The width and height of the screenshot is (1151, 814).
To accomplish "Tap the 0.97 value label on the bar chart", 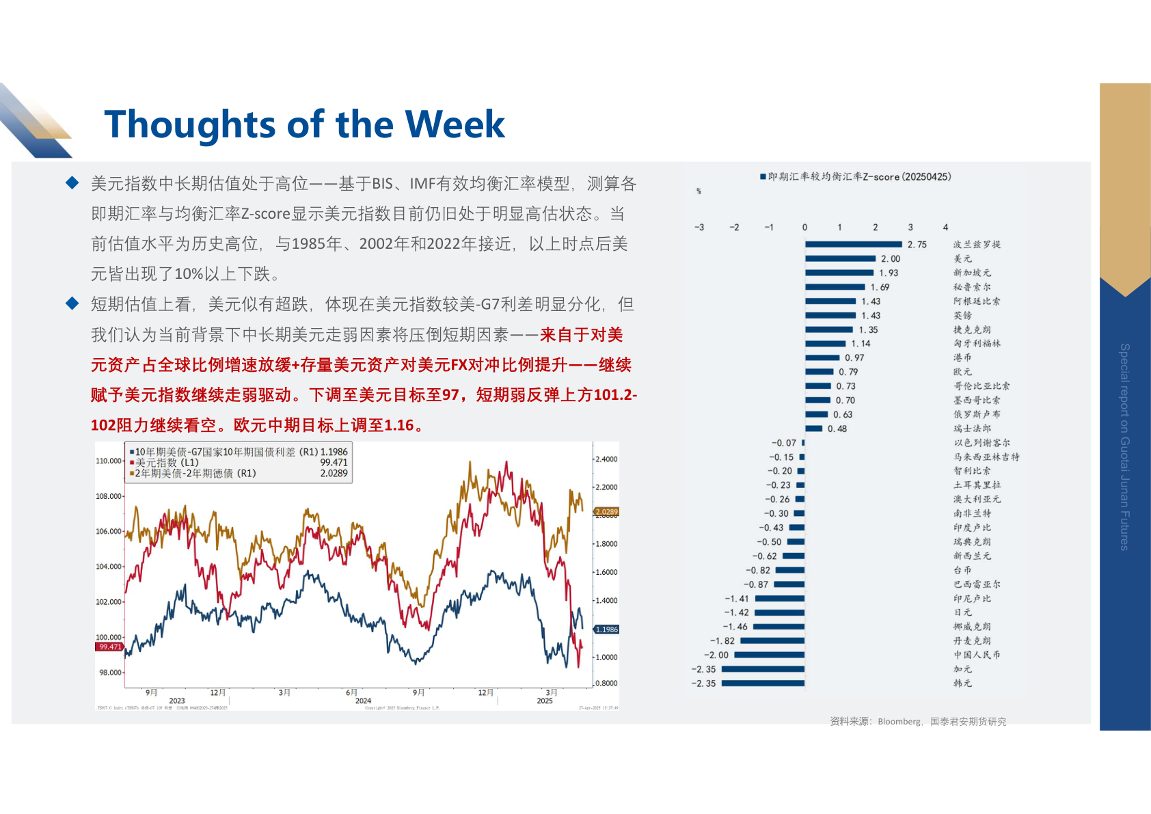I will pos(854,357).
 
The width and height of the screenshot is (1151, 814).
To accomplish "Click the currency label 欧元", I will pos(962,372).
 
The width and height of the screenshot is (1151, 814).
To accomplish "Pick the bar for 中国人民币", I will pos(769,655).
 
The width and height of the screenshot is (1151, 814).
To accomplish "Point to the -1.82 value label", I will pos(722,640).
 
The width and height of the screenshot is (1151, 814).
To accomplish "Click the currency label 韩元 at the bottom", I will pos(962,683).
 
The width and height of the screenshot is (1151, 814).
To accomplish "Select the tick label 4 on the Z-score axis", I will pos(945,227).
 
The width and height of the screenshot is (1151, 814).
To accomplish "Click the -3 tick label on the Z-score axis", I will pos(699,227).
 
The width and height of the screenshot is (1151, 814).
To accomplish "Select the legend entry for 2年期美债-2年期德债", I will pos(195,473).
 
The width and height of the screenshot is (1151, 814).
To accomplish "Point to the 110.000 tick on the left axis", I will pos(109,461).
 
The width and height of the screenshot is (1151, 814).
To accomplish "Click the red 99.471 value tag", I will pos(109,646).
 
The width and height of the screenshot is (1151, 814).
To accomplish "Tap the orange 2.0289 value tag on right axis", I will pos(606,511).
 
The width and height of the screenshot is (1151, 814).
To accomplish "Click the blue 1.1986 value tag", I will pos(606,629).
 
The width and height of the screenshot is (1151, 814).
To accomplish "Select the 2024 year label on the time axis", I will pos(363,701).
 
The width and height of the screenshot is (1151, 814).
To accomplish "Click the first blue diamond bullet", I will pos(72,182).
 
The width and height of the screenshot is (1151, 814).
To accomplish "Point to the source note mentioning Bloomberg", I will pos(917,721).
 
